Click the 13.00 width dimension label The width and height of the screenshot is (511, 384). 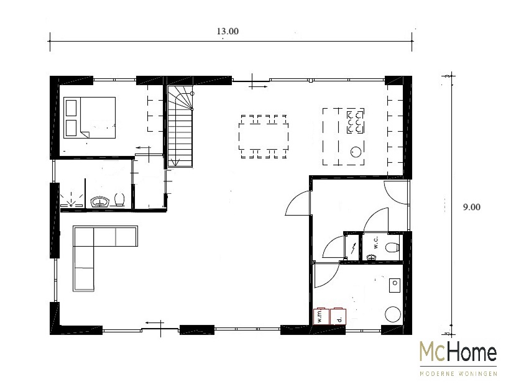tap(228, 31)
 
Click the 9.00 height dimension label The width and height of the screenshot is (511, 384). tap(472, 207)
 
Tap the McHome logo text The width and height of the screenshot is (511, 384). tap(458, 352)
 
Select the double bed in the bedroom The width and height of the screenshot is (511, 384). tap(90, 117)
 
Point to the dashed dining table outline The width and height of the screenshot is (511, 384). tap(264, 136)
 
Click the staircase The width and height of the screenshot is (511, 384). tap(180, 126)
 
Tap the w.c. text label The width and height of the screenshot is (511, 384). tap(375, 243)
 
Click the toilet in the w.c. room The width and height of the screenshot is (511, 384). tap(393, 247)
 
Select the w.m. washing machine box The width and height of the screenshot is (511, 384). tap(321, 316)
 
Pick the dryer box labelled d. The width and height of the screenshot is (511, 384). tap(338, 316)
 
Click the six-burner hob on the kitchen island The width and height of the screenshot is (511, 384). tap(355, 122)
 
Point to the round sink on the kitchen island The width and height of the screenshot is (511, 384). tap(356, 152)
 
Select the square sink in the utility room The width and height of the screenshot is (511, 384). tap(395, 285)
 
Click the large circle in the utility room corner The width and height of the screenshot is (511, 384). tap(393, 314)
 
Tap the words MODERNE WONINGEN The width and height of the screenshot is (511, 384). tap(458, 373)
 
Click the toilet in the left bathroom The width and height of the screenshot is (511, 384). tap(119, 199)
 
